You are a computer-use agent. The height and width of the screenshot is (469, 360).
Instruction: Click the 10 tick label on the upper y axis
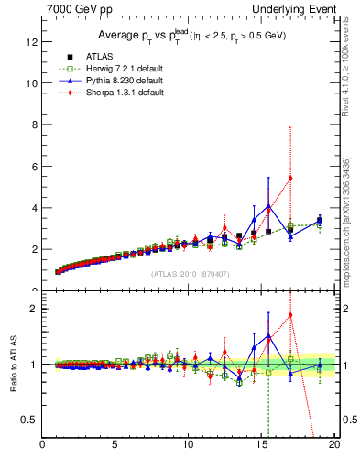click(31, 82)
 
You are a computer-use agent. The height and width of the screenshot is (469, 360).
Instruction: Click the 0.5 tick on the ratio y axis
click(30, 420)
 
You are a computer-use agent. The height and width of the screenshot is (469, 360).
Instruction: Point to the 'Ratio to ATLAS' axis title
click(13, 365)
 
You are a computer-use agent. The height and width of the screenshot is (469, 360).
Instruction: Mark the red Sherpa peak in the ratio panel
click(290, 315)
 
